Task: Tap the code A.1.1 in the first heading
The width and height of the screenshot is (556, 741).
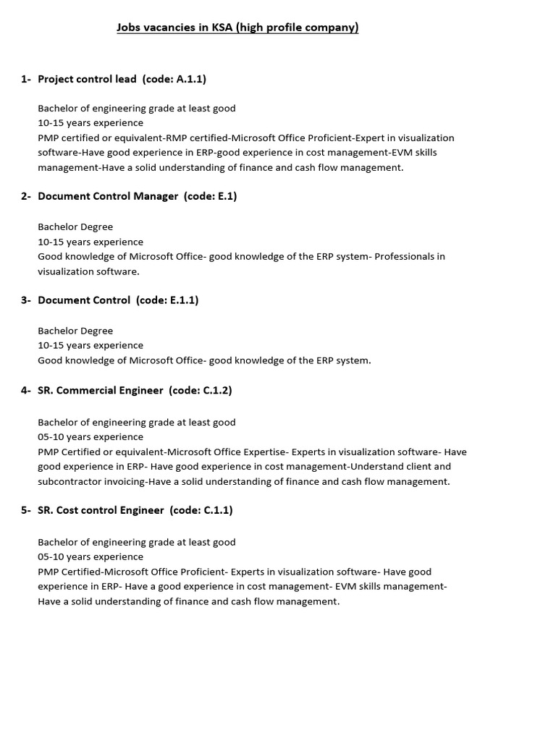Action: [x=190, y=79]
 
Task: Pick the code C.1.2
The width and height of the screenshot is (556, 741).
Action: [x=216, y=390]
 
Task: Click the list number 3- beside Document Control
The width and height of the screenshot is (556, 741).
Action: [x=26, y=300]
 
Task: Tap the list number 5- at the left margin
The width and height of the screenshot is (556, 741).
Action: [x=26, y=510]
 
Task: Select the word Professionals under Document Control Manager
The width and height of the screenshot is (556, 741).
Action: [x=410, y=256]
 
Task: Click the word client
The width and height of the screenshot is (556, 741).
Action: [x=416, y=467]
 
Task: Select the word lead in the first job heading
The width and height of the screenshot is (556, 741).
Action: [x=126, y=79]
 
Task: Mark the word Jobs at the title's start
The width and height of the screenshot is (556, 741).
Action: [x=129, y=27]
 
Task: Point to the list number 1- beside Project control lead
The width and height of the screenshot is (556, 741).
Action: [x=26, y=79]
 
